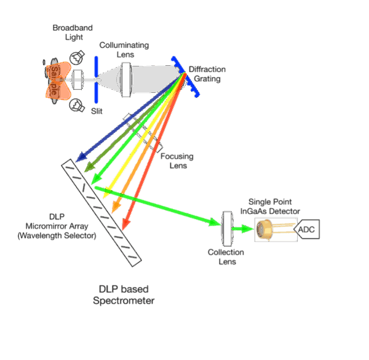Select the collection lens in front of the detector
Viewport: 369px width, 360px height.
point(226,227)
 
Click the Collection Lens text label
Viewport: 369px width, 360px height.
point(226,257)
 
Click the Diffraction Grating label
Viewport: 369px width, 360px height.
point(207,74)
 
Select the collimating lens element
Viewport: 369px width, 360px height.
point(126,79)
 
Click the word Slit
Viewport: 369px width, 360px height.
point(97,110)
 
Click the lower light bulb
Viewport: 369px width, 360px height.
point(77,105)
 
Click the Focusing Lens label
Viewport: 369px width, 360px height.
point(173,161)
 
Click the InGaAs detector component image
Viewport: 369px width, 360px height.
point(271,230)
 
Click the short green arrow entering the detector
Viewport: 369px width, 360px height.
point(244,228)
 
